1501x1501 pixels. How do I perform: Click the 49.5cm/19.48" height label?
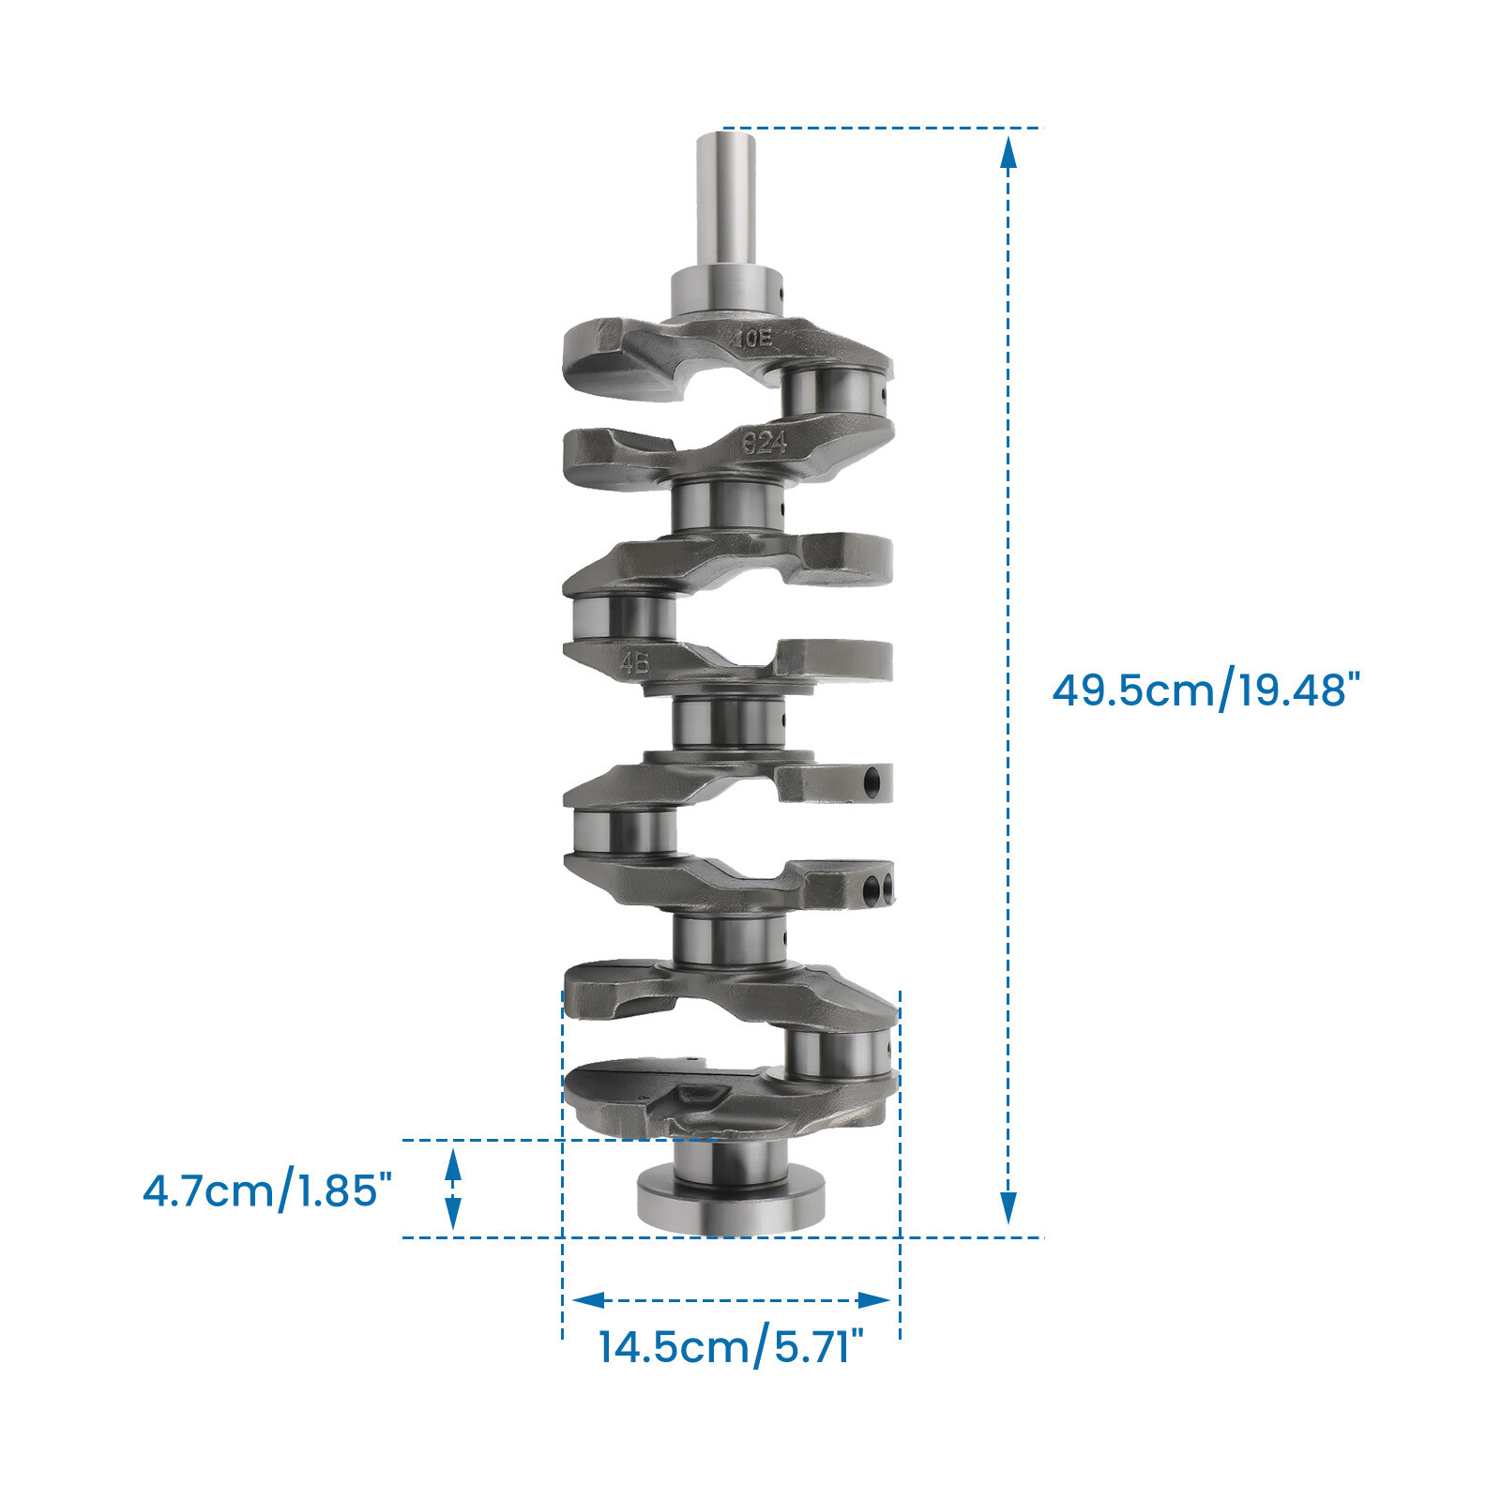click(1205, 690)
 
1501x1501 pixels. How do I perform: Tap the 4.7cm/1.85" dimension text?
click(266, 1190)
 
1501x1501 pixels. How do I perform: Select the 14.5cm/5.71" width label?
click(730, 1347)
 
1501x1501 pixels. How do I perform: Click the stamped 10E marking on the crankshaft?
click(754, 339)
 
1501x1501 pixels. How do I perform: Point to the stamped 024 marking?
click(765, 441)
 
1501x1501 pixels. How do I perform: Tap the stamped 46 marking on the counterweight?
click(635, 663)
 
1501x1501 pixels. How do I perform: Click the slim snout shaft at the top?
click(726, 202)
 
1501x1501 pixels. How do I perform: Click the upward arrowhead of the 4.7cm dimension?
click(453, 1163)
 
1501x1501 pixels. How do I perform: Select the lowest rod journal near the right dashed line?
click(835, 1054)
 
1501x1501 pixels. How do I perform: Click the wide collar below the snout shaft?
click(726, 293)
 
